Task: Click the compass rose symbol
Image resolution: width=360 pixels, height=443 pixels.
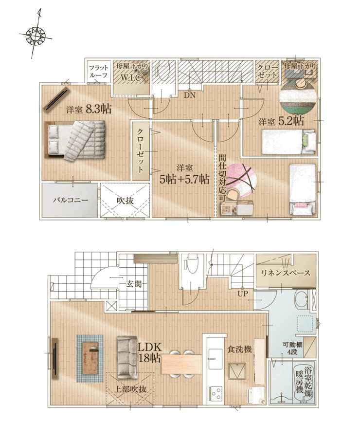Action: pyautogui.click(x=36, y=35)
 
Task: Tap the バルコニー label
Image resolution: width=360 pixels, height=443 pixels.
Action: pyautogui.click(x=71, y=200)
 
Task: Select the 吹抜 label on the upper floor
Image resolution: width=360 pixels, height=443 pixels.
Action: pyautogui.click(x=125, y=201)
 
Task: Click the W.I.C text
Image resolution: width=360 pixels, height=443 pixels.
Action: pyautogui.click(x=131, y=78)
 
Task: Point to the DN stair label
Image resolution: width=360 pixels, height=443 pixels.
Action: pyautogui.click(x=190, y=95)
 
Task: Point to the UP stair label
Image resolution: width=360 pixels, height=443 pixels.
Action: pyautogui.click(x=243, y=294)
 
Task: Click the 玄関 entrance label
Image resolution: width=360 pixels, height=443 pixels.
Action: pyautogui.click(x=134, y=284)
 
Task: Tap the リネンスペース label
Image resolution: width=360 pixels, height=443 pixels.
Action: pyautogui.click(x=286, y=273)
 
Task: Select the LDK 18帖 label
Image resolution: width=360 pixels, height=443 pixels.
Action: pyautogui.click(x=149, y=352)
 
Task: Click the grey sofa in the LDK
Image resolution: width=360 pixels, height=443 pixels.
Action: pyautogui.click(x=127, y=357)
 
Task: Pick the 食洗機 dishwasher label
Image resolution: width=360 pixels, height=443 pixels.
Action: pyautogui.click(x=239, y=350)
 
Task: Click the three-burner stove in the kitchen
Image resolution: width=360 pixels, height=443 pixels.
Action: pyautogui.click(x=216, y=393)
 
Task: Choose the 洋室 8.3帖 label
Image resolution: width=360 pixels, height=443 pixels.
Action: pyautogui.click(x=89, y=109)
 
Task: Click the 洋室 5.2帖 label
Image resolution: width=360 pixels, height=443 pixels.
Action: pyautogui.click(x=282, y=121)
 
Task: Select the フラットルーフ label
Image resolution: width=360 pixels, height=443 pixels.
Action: pyautogui.click(x=98, y=72)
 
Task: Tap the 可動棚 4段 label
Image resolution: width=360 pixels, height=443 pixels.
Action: pyautogui.click(x=289, y=349)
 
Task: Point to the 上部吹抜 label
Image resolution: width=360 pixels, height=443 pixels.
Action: pyautogui.click(x=130, y=389)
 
